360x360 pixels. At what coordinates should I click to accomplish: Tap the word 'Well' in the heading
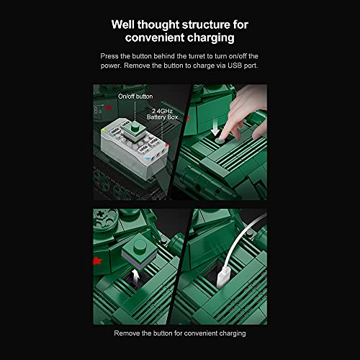tap(127, 24)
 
